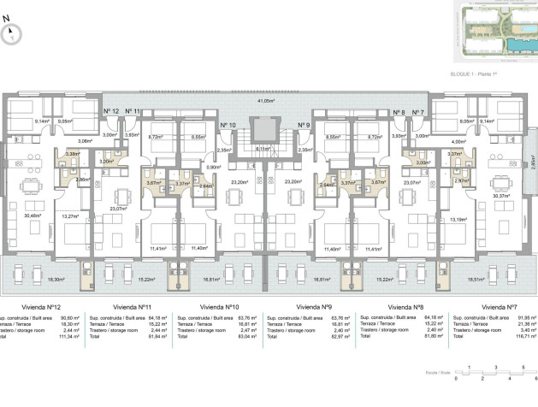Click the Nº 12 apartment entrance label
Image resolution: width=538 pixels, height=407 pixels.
(111, 111)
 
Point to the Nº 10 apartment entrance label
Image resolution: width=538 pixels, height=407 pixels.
(228, 126)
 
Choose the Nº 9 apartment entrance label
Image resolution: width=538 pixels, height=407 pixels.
(304, 126)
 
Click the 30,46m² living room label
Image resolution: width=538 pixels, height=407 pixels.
(33, 216)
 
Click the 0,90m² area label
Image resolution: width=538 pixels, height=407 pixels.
(213, 168)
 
